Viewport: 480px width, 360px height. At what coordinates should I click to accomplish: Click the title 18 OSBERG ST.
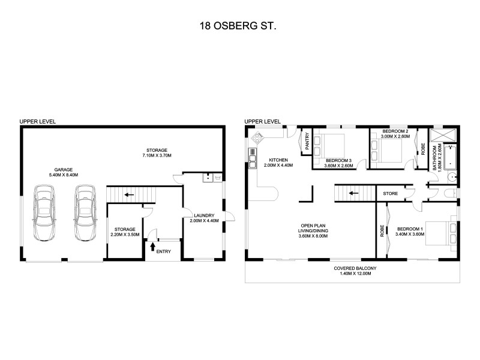240,26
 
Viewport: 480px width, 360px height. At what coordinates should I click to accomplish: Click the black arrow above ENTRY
152,245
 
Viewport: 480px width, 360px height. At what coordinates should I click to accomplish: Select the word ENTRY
163,251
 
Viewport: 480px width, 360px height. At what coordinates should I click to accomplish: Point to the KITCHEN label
278,162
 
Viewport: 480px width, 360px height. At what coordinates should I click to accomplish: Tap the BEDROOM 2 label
395,134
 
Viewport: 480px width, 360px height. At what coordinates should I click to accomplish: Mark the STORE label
389,194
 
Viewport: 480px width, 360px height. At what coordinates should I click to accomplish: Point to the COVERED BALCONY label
352,271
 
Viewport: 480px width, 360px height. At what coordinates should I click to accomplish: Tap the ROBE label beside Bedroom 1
382,231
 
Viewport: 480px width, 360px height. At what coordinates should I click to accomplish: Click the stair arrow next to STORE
353,193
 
